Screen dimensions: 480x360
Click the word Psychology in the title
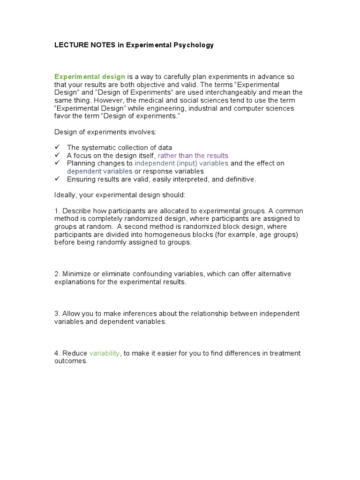point(193,45)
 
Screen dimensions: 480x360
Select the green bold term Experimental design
point(90,76)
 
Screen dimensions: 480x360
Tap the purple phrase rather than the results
point(193,155)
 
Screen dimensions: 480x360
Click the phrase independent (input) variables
point(181,163)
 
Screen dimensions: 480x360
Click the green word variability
point(105,353)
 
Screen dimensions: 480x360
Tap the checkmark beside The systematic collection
point(57,147)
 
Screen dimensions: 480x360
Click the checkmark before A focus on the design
point(57,155)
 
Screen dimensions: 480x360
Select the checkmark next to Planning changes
point(57,163)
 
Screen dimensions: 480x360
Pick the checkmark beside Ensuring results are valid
point(57,179)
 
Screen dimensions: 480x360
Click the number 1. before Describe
point(57,211)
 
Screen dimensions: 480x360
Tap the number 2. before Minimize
point(57,274)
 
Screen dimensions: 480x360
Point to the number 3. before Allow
point(57,313)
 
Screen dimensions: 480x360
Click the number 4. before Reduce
point(57,353)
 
